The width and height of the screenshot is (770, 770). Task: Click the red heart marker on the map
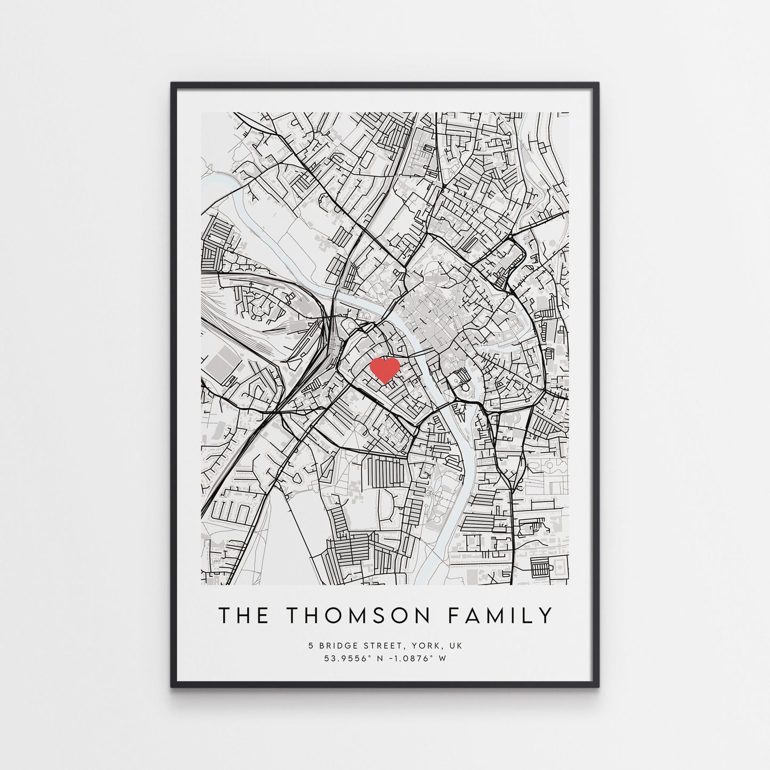coord(385,369)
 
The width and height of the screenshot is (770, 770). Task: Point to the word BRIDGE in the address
coord(337,645)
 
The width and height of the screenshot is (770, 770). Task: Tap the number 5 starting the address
coord(310,645)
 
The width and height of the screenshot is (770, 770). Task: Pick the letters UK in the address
coord(456,645)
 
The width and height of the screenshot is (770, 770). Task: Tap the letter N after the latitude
coord(380,658)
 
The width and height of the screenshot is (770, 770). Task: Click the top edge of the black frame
coord(385,84)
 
